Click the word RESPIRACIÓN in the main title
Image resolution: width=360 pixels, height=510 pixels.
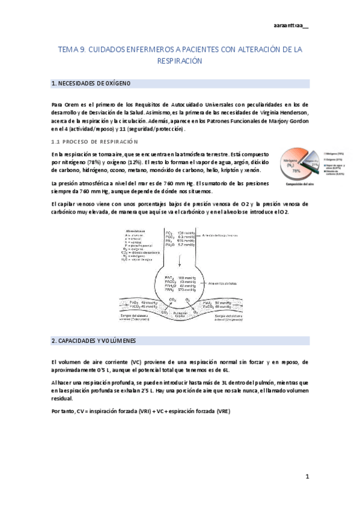click(179, 61)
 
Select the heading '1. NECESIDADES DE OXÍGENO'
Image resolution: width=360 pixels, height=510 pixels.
click(91, 84)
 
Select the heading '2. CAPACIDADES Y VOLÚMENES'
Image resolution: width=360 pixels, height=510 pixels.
click(94, 340)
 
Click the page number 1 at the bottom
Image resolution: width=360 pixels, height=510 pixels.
click(307, 477)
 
